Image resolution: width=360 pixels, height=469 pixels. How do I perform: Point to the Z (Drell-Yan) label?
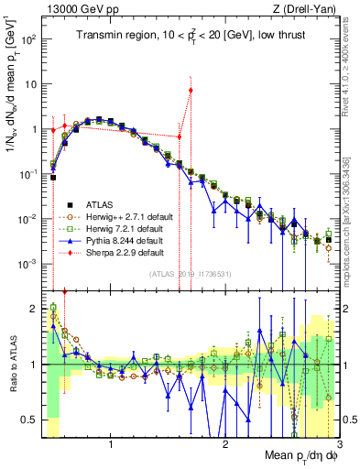click(x=309, y=9)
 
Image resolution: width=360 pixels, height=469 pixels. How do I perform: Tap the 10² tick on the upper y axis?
click(x=29, y=40)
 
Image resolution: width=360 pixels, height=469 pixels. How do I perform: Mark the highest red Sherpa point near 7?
click(x=191, y=90)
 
